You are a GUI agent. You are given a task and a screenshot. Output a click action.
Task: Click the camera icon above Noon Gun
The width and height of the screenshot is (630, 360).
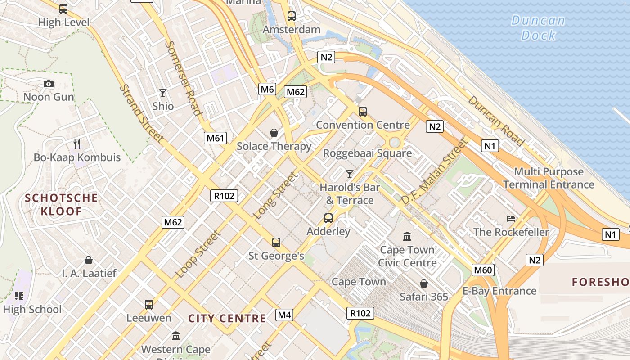pos(49,84)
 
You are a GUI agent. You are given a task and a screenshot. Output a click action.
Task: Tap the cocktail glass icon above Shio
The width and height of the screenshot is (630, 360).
pos(163,93)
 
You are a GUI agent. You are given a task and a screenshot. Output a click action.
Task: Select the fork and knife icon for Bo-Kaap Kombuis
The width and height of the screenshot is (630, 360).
pos(77,144)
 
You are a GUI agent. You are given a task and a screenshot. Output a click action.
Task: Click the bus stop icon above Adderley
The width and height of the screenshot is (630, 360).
pos(328,218)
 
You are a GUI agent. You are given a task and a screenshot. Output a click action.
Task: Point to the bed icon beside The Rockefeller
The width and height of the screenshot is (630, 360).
pos(511,219)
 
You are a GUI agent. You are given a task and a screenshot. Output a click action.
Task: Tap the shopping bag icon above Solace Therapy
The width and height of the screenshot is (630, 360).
pos(274,133)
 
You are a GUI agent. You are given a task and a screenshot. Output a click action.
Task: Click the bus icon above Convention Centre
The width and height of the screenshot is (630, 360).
pos(363,112)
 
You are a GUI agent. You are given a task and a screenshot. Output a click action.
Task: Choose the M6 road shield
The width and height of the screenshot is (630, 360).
pos(267,89)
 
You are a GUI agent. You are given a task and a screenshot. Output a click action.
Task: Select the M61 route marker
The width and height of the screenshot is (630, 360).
pos(215,138)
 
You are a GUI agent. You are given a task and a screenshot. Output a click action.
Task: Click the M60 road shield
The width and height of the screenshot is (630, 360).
pos(483,270)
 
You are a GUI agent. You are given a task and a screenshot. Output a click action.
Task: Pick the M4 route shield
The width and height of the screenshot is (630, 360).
pos(284,315)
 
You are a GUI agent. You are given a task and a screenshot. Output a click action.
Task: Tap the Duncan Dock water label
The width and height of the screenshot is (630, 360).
pos(538,27)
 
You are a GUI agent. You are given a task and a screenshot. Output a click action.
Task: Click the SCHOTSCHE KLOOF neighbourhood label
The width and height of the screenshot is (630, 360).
pos(61,204)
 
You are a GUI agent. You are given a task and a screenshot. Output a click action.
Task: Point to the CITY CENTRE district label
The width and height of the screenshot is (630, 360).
pos(227,319)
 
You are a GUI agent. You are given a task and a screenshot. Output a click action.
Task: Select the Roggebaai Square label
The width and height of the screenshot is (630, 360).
pos(368,153)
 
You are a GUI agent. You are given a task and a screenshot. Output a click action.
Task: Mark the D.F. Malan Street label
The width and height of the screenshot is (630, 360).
pos(434,171)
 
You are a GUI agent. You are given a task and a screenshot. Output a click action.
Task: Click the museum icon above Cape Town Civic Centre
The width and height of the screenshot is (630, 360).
pos(407,236)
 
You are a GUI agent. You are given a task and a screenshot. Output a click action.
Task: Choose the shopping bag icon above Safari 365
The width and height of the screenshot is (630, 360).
pos(423,283)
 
